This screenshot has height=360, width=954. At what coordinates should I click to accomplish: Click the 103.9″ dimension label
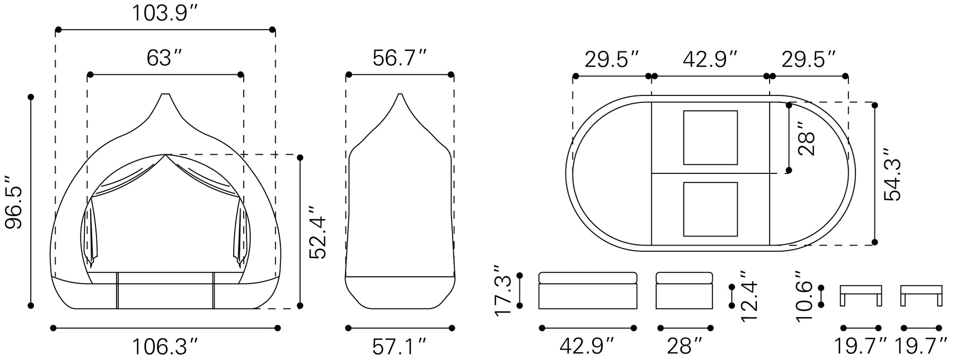click(165, 13)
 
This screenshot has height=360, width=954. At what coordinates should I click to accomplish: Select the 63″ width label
click(165, 58)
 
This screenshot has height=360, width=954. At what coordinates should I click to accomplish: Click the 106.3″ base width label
click(165, 346)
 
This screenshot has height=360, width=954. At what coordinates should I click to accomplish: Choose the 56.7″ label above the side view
click(399, 58)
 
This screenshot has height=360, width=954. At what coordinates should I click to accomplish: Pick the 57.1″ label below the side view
click(399, 346)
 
